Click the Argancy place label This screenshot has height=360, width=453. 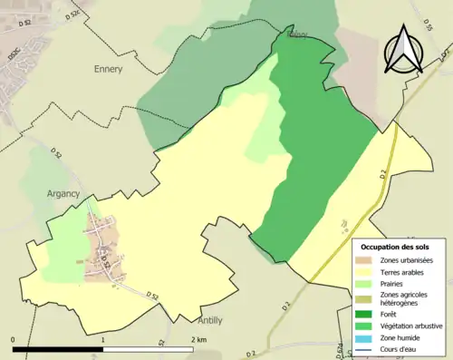pos(63,193)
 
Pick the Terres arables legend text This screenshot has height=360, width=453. pos(405,272)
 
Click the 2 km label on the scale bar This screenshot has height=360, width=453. pos(198,339)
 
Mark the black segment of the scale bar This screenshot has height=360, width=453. pos(59,349)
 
